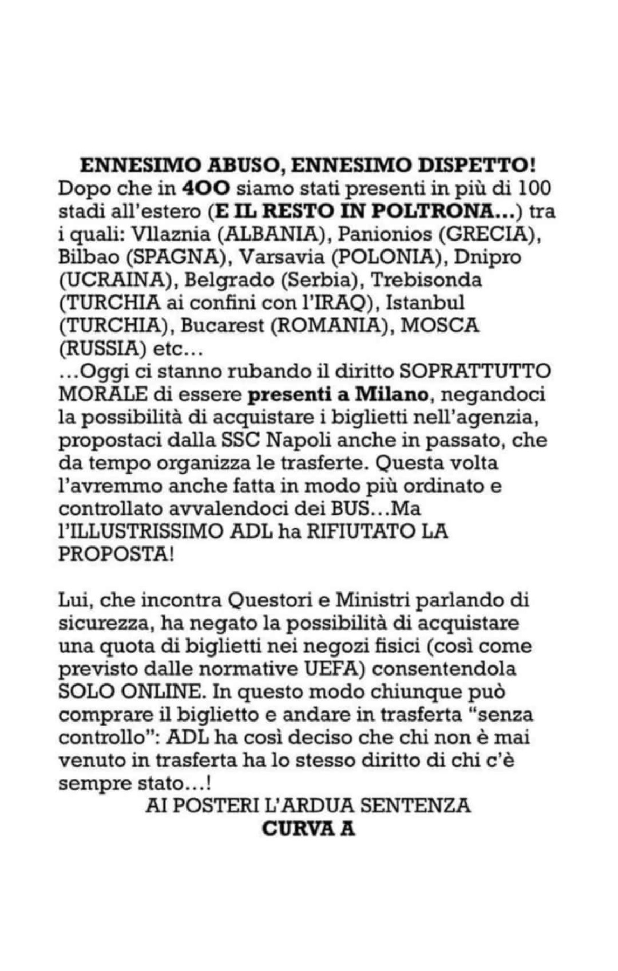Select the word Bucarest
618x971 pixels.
pyautogui.click(x=222, y=326)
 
